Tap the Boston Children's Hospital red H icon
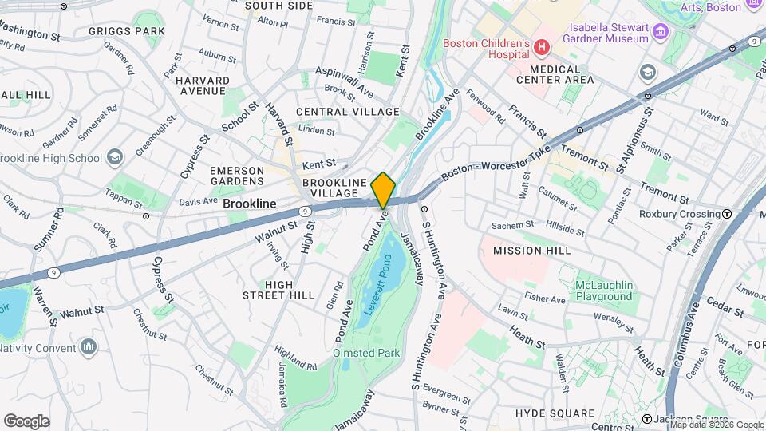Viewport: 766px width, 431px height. click(542, 48)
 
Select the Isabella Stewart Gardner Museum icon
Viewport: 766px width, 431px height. click(660, 32)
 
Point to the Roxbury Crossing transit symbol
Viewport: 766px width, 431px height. click(727, 214)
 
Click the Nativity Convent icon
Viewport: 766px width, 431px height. click(88, 347)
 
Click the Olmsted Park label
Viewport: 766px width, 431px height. click(366, 353)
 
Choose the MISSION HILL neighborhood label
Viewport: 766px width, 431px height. click(531, 251)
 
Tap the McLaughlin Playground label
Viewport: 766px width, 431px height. click(606, 291)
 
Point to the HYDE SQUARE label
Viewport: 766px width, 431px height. click(555, 413)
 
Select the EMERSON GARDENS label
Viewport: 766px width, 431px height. click(236, 176)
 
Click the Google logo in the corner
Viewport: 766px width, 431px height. click(26, 421)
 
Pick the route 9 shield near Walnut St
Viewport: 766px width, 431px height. click(305, 211)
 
